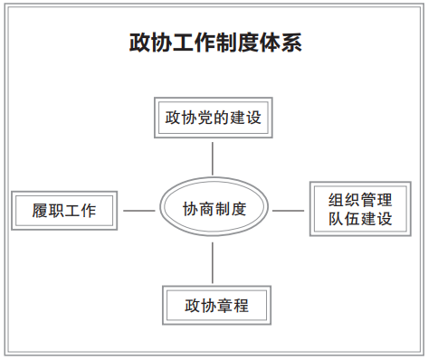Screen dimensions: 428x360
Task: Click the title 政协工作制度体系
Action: point(215,43)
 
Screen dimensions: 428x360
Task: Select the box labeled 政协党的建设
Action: point(214,118)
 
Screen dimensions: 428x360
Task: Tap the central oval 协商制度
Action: point(214,206)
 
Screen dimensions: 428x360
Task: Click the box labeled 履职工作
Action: point(64,211)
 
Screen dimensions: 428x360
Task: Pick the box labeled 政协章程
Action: point(216,305)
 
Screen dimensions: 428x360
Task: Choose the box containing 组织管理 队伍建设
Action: point(360,209)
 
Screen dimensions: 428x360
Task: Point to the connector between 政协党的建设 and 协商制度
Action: point(213,158)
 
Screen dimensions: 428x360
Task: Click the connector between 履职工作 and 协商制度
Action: point(139,211)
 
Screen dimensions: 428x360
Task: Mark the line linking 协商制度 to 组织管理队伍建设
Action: point(288,211)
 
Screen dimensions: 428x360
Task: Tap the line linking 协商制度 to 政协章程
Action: point(213,262)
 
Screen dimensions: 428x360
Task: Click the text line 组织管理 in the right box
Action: point(360,200)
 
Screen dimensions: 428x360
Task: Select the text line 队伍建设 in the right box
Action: point(360,218)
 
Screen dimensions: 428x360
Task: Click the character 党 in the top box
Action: point(205,118)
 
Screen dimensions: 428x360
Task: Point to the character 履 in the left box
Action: point(40,211)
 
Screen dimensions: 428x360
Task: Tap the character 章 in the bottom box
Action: point(224,306)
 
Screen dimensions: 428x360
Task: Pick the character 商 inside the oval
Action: point(206,209)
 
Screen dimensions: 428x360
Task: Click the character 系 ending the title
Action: point(291,43)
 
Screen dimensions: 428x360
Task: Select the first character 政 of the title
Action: point(140,43)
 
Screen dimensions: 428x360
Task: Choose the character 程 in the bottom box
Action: point(241,306)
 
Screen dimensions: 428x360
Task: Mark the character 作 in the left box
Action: point(89,211)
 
